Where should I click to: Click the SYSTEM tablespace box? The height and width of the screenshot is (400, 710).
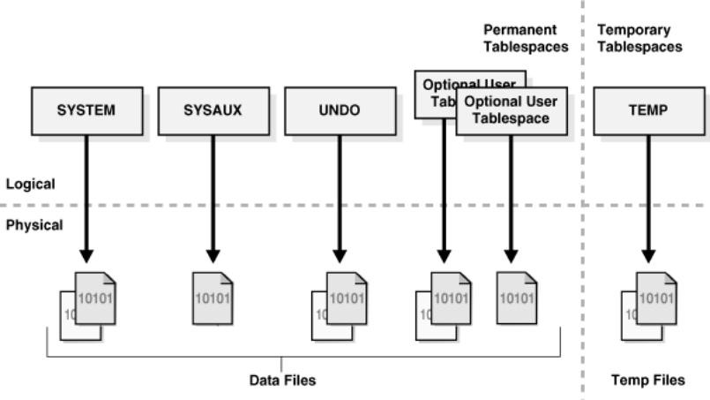point(86,111)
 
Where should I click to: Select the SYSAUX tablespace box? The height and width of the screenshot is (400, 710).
point(213,111)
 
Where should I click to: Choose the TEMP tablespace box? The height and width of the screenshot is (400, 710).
point(648,111)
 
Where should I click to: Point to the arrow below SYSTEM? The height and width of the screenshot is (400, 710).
point(86,194)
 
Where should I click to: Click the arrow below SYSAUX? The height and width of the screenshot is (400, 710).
point(213,194)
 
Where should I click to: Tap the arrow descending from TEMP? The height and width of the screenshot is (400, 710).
point(648,194)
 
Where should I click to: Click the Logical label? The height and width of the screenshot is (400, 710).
point(31,185)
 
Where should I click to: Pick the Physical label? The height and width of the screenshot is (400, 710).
point(34,225)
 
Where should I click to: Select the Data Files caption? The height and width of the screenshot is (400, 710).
point(281,381)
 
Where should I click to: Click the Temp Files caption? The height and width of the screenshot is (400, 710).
point(648,381)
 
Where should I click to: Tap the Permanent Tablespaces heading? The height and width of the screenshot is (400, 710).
point(525,38)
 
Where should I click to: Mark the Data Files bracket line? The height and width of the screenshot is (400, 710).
point(176,358)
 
